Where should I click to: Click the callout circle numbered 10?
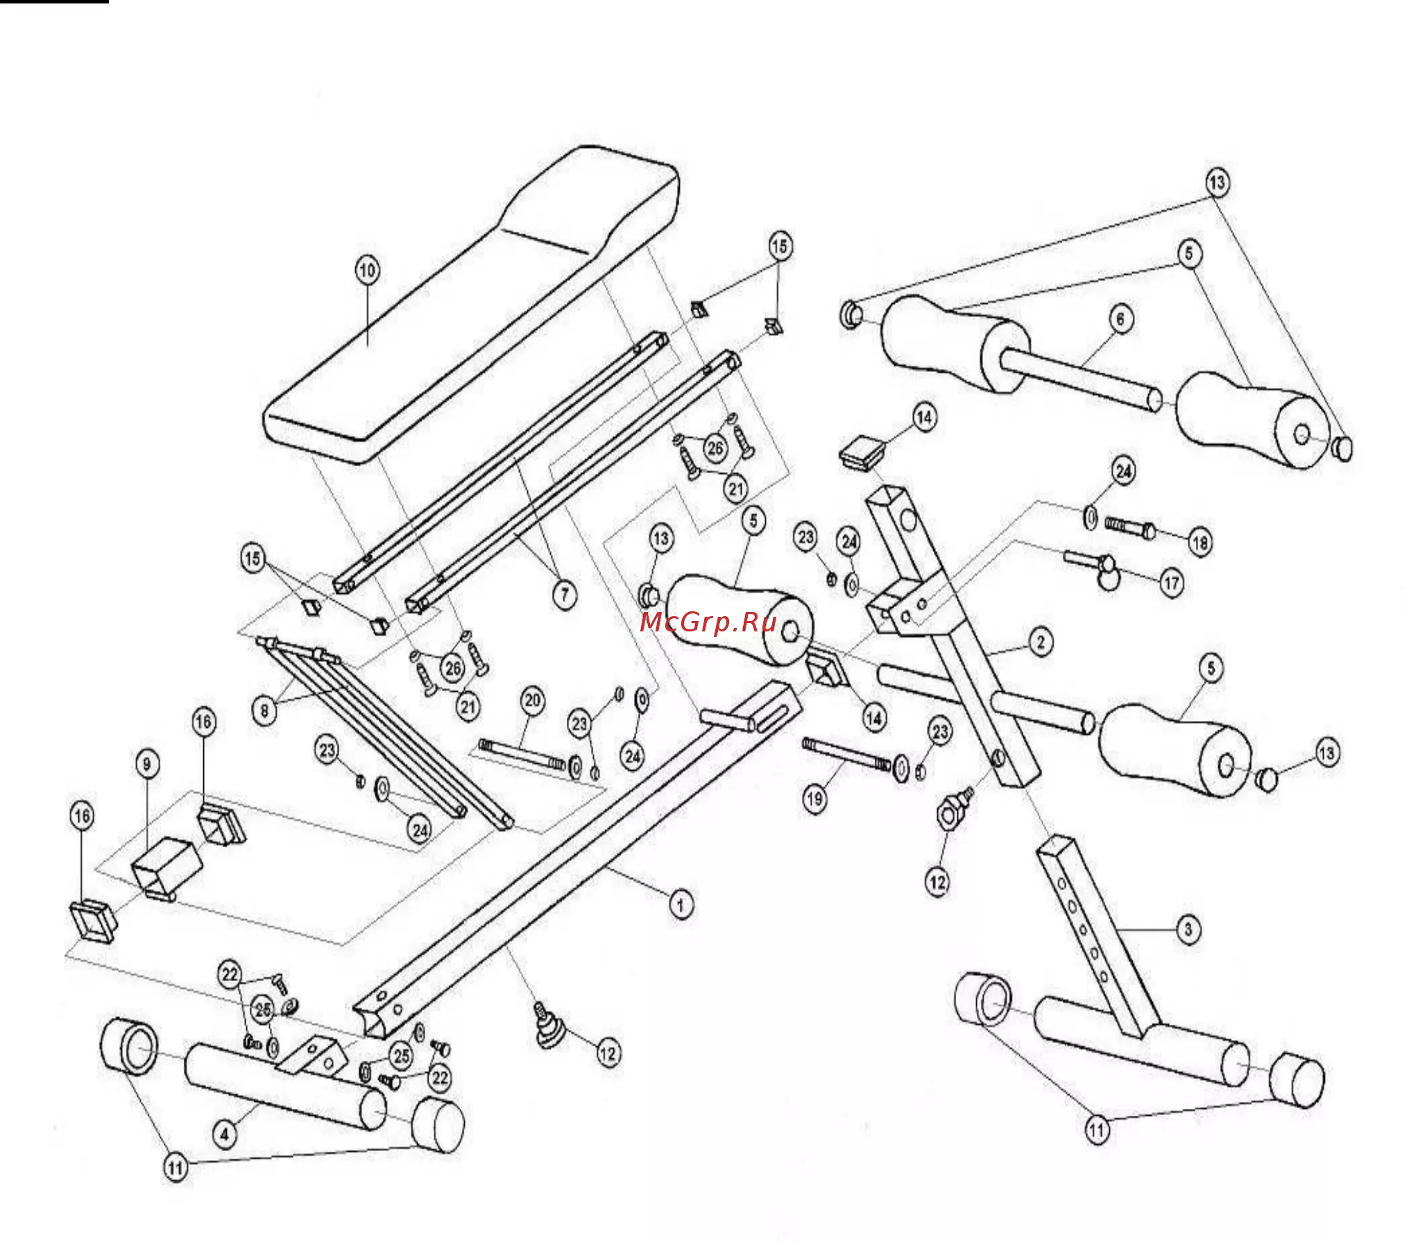(368, 270)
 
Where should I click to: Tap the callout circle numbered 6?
(1120, 319)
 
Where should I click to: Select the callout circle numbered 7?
(565, 594)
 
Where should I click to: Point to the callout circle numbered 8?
(264, 711)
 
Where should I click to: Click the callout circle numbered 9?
(146, 765)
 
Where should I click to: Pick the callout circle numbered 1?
(681, 905)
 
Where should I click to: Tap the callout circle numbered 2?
(1041, 642)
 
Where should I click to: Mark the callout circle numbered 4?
(224, 1134)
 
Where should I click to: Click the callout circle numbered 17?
(1172, 583)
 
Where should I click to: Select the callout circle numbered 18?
(1200, 542)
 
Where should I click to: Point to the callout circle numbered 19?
(814, 799)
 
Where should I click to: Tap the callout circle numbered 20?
(533, 700)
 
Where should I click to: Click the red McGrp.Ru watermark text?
(708, 622)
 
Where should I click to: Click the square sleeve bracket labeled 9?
(166, 867)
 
